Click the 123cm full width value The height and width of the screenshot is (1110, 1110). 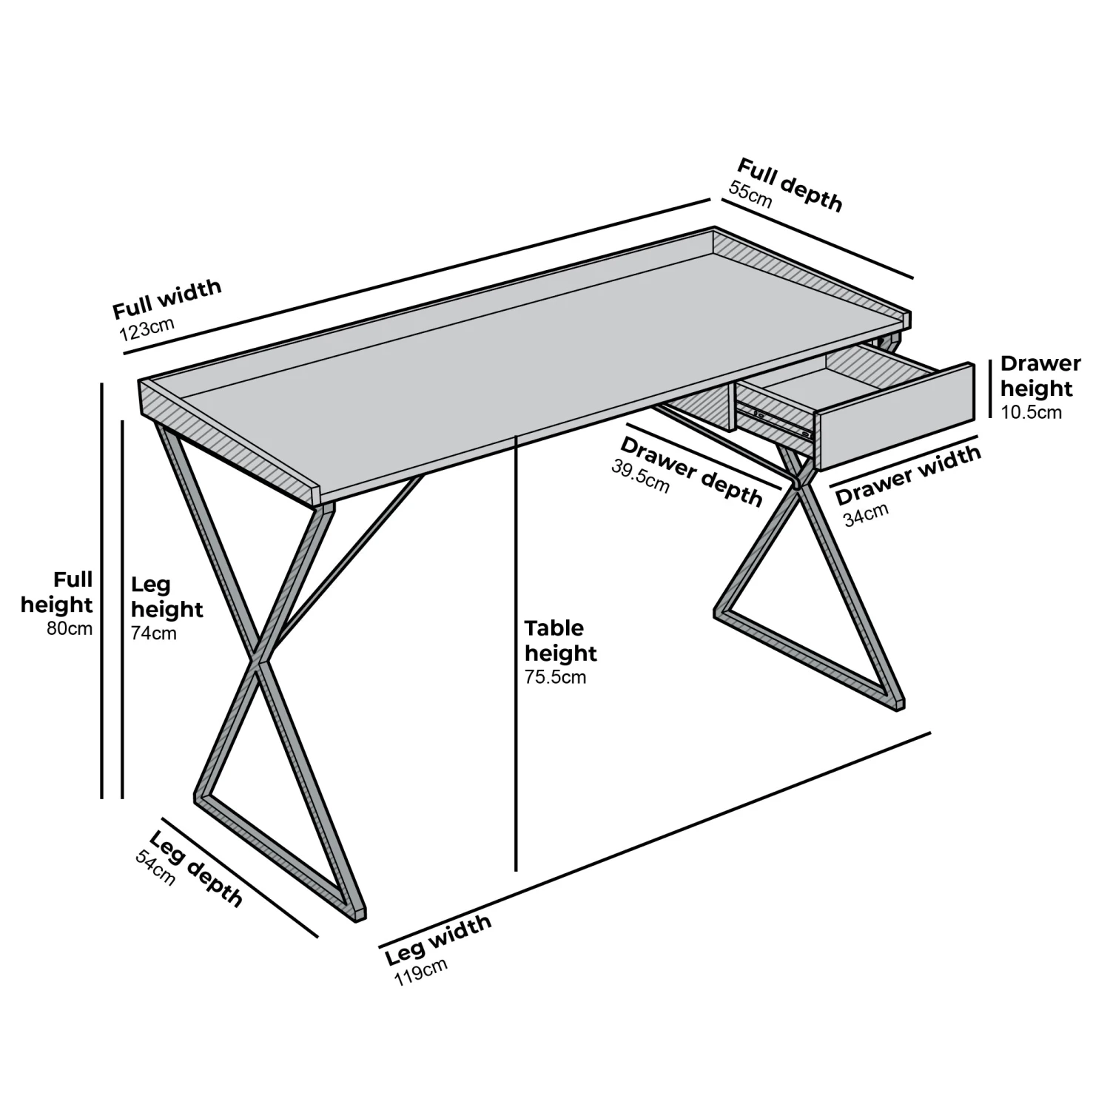(x=147, y=327)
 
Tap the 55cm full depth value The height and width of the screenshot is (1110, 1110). (x=750, y=195)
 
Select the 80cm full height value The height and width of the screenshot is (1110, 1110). (x=70, y=629)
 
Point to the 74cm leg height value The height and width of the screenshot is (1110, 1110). (x=153, y=633)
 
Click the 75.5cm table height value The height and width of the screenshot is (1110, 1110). (x=555, y=677)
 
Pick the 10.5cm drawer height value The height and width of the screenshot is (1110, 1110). (x=1031, y=413)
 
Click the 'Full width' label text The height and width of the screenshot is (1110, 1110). (x=166, y=298)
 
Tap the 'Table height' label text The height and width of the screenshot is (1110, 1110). (x=560, y=641)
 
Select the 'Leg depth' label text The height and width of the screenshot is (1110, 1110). (x=196, y=869)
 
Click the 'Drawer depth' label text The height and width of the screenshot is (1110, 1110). (x=691, y=471)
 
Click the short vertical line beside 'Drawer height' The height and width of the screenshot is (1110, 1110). (x=990, y=389)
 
